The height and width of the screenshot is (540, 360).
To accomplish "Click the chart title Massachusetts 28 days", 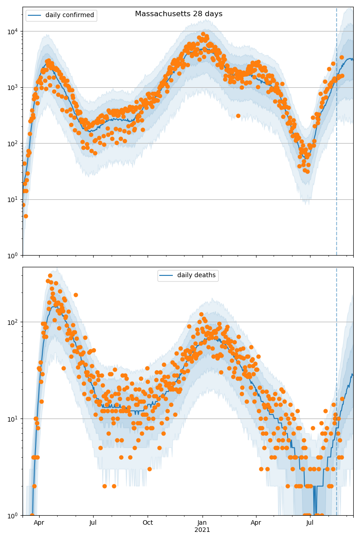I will (179, 14).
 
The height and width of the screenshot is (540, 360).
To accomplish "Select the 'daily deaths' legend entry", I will (196, 275).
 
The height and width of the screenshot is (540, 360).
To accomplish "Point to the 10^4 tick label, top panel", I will (13, 31).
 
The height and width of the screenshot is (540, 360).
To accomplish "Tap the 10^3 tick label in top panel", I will (13, 87).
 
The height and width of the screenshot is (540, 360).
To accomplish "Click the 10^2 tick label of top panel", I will (13, 144).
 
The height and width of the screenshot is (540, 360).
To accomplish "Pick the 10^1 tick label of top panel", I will (13, 199).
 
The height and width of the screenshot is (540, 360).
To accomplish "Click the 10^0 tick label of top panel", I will (13, 256).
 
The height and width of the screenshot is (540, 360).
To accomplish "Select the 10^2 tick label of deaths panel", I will (13, 322).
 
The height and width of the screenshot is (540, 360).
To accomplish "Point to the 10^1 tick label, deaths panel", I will (13, 419).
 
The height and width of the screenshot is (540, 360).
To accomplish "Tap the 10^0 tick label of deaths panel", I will (13, 515).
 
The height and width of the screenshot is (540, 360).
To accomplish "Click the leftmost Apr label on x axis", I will (39, 523).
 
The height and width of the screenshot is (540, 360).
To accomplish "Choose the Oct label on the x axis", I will (148, 523).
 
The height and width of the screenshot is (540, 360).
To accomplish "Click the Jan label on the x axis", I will (202, 523).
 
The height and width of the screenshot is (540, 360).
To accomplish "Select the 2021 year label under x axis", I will (202, 530).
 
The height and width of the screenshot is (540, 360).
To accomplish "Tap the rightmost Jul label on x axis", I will (310, 523).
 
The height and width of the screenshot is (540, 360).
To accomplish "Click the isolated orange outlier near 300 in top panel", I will (238, 116).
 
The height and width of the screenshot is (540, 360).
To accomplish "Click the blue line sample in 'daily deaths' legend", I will (167, 275).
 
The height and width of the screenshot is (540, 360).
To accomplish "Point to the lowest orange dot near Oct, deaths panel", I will (149, 469).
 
